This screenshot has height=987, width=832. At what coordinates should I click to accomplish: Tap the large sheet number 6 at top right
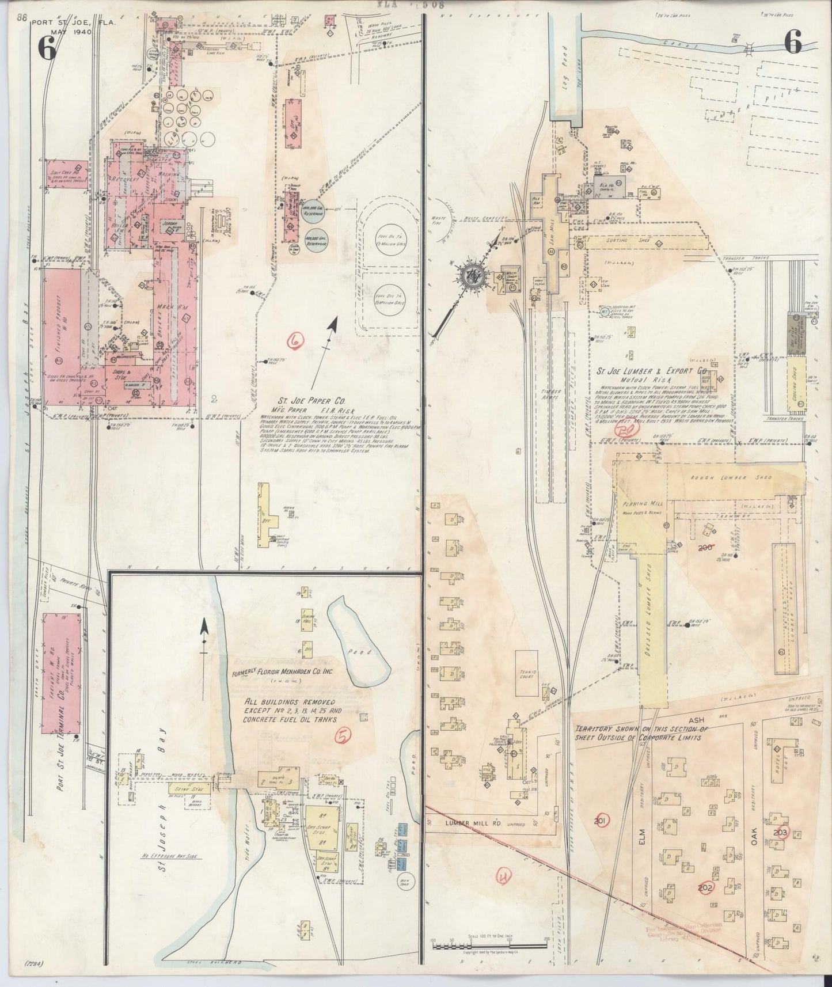(792, 43)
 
